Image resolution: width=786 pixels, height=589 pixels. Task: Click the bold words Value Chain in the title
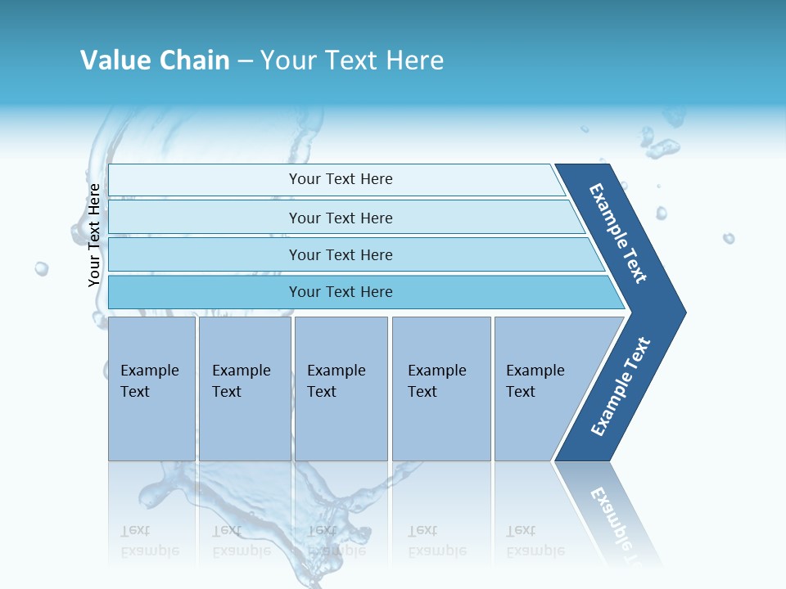coord(155,61)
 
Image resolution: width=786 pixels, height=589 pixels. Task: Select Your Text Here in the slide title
coord(352,61)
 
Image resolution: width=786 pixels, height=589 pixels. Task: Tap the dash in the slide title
coord(245,61)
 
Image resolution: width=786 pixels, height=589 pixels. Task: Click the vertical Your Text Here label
coord(94,235)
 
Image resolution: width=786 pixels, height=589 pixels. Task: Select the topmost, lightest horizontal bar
coord(340,179)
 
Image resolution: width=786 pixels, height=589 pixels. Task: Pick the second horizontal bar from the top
coord(340,218)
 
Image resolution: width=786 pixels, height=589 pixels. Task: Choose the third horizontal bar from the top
coord(340,254)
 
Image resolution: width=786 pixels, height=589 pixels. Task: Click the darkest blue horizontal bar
coord(340,292)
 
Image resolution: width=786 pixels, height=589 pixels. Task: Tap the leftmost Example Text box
coord(151,389)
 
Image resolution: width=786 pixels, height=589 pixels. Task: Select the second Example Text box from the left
coord(244,389)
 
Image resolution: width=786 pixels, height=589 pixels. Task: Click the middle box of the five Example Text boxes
coord(341,389)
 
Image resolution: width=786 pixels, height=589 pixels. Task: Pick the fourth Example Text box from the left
coord(440,389)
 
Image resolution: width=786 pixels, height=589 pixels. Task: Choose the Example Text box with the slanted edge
coord(540,389)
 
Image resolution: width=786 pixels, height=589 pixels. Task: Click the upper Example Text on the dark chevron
coord(618,233)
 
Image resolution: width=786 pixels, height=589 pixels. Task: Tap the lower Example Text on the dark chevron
coord(621,387)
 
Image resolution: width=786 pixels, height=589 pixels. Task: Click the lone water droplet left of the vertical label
coord(41,268)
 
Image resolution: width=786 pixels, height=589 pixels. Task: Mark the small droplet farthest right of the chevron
coord(728,238)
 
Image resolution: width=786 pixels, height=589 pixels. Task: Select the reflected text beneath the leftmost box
coord(149,541)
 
